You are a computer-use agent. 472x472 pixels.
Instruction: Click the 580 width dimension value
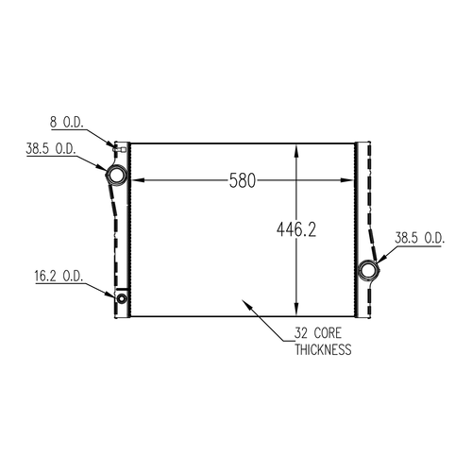[242, 180]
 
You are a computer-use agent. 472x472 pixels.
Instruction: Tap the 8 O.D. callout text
[67, 122]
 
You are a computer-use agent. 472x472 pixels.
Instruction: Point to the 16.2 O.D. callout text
[59, 276]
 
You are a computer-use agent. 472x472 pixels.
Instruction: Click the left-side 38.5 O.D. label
[51, 148]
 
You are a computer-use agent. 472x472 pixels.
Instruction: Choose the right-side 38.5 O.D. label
[420, 238]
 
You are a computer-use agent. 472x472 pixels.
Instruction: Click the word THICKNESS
[323, 349]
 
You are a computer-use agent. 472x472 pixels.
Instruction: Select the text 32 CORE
[317, 333]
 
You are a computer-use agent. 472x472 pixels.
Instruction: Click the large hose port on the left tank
[116, 174]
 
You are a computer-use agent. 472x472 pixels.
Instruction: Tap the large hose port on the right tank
[369, 270]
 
